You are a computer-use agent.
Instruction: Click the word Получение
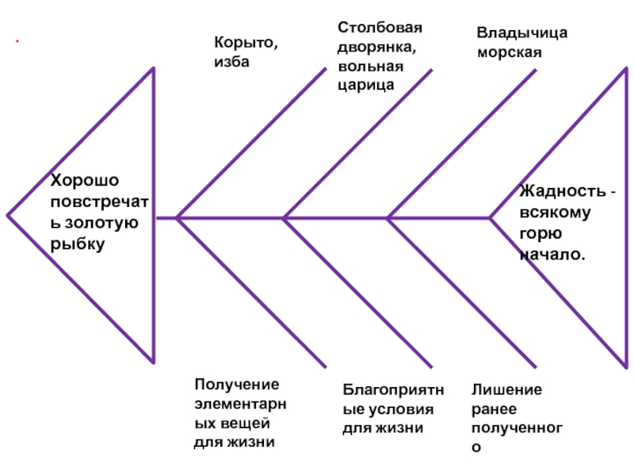[x=237, y=385]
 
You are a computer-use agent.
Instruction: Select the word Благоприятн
[x=393, y=390]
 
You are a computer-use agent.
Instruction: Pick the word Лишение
[x=506, y=390]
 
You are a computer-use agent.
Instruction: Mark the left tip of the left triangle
[x=8, y=215]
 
